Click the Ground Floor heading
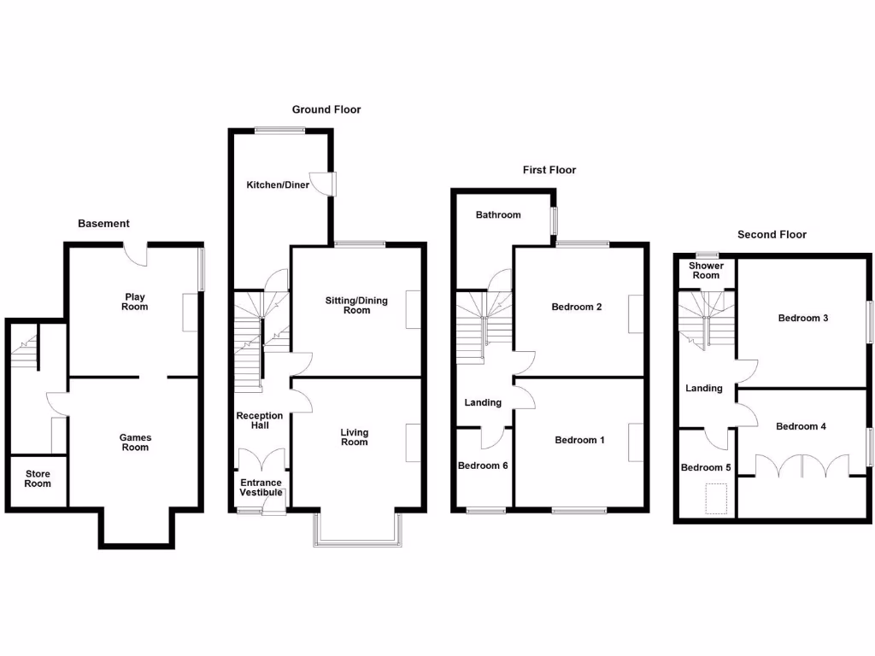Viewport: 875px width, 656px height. (326, 109)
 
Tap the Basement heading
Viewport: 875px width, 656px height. (103, 224)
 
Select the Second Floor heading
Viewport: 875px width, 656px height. (772, 234)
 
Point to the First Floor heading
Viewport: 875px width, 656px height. (549, 170)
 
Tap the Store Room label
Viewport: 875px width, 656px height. (38, 478)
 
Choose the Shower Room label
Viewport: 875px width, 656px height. (706, 271)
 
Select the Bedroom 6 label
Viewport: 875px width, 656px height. (483, 466)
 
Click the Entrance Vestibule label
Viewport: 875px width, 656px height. (261, 488)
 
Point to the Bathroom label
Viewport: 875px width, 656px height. (498, 214)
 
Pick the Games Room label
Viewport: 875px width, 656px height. (135, 442)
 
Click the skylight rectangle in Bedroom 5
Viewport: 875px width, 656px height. (716, 498)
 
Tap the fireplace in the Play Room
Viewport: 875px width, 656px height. (191, 313)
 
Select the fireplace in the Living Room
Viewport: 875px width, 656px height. (414, 443)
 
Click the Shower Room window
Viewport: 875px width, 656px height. (706, 255)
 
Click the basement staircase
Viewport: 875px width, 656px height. (25, 350)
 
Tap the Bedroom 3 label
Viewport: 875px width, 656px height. (802, 318)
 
